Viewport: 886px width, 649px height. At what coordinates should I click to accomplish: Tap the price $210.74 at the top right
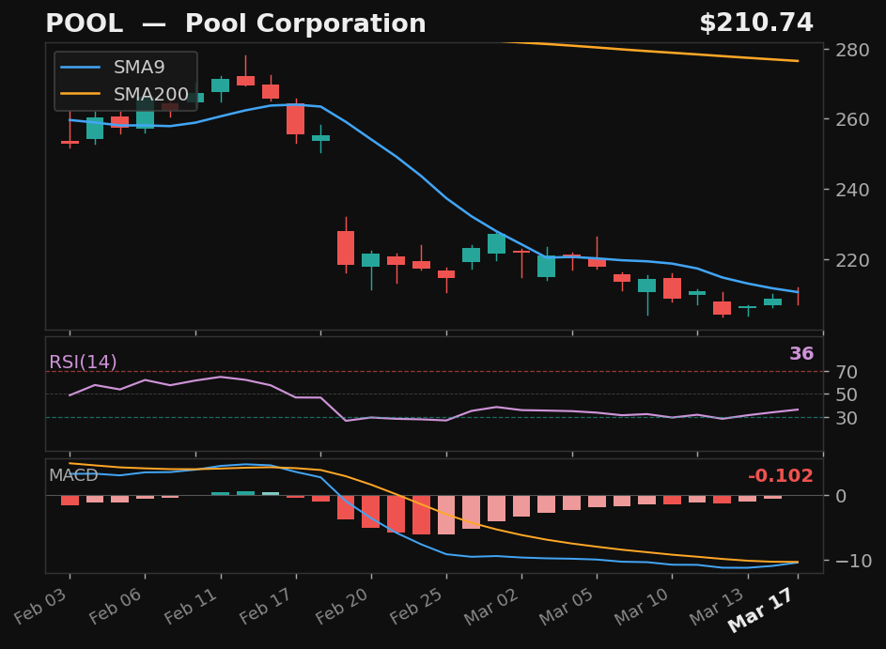pyautogui.click(x=755, y=24)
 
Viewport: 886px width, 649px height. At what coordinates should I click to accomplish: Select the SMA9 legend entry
pyautogui.click(x=139, y=68)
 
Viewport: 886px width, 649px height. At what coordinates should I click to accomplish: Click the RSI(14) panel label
pyautogui.click(x=83, y=363)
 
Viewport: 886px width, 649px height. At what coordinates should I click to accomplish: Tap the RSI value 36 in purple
pyautogui.click(x=801, y=354)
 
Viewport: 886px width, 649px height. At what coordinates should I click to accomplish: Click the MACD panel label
pyautogui.click(x=73, y=476)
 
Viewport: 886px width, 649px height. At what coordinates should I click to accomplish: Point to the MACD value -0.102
pyautogui.click(x=780, y=476)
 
